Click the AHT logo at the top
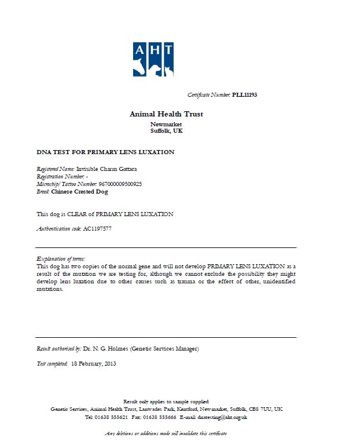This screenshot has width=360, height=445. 153,59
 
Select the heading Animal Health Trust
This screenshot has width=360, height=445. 166,114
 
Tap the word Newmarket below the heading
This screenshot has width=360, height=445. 166,125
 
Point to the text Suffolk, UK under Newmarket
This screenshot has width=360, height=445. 166,131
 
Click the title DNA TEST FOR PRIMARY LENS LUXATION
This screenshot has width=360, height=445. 105,152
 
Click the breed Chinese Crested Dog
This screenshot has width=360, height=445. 79,191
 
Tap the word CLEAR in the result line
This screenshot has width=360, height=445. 76,214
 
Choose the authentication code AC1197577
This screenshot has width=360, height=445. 97,229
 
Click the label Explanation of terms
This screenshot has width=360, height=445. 61,258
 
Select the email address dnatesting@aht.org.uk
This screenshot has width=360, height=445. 222,417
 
